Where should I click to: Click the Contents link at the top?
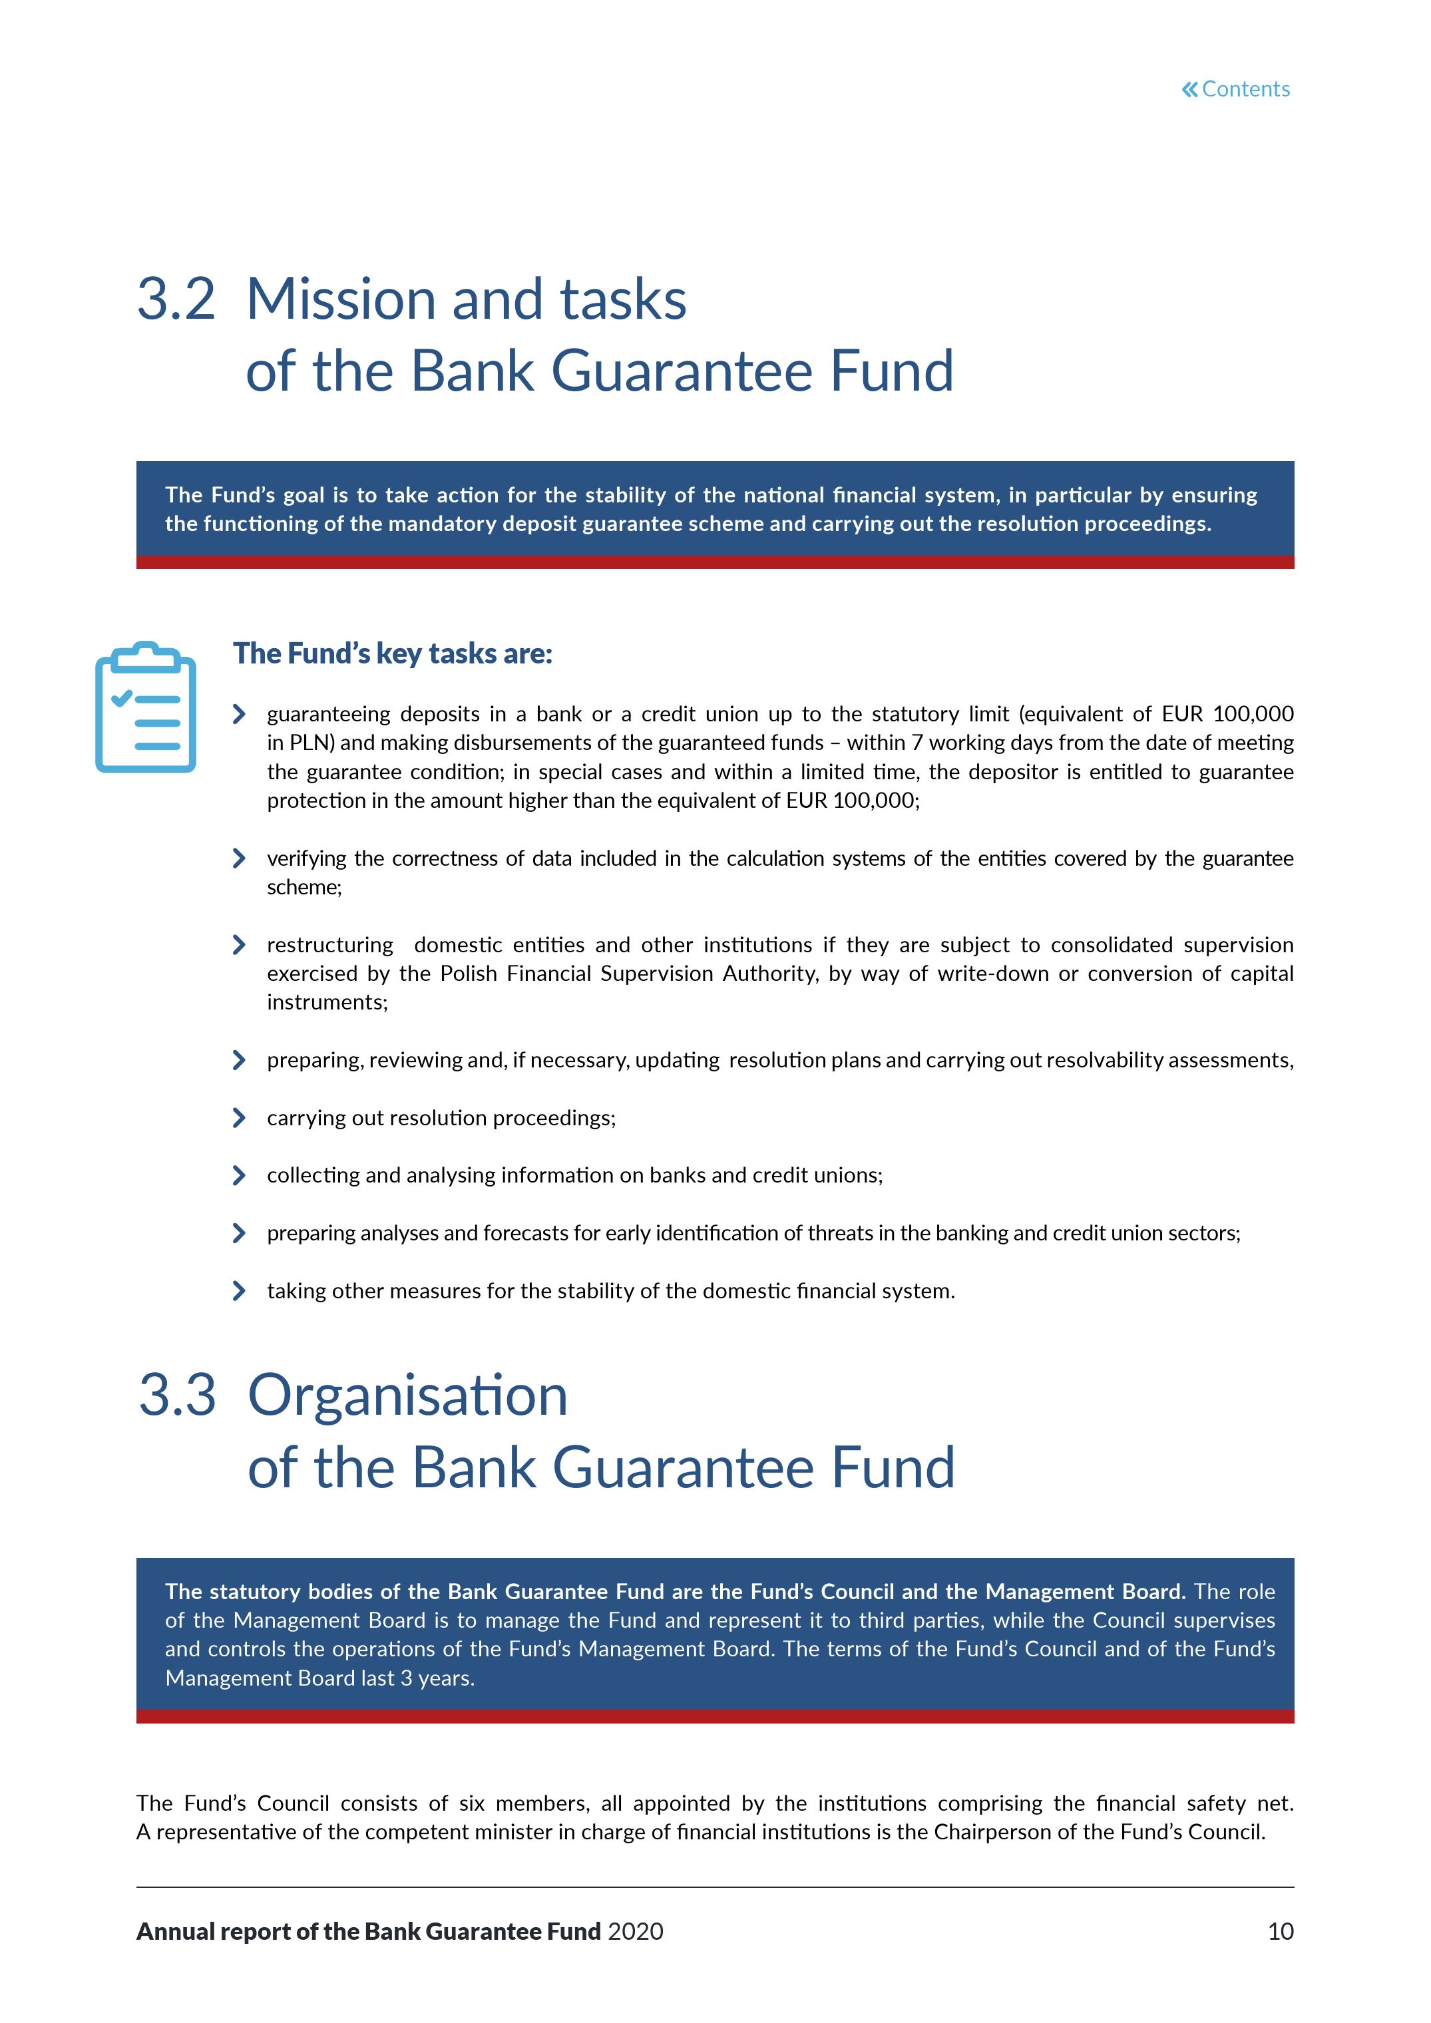1245,89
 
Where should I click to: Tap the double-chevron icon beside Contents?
1189,89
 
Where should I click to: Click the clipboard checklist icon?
145,707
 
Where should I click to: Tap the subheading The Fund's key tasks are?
392,653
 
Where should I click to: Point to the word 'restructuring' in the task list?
329,946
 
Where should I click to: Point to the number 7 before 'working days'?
917,743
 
